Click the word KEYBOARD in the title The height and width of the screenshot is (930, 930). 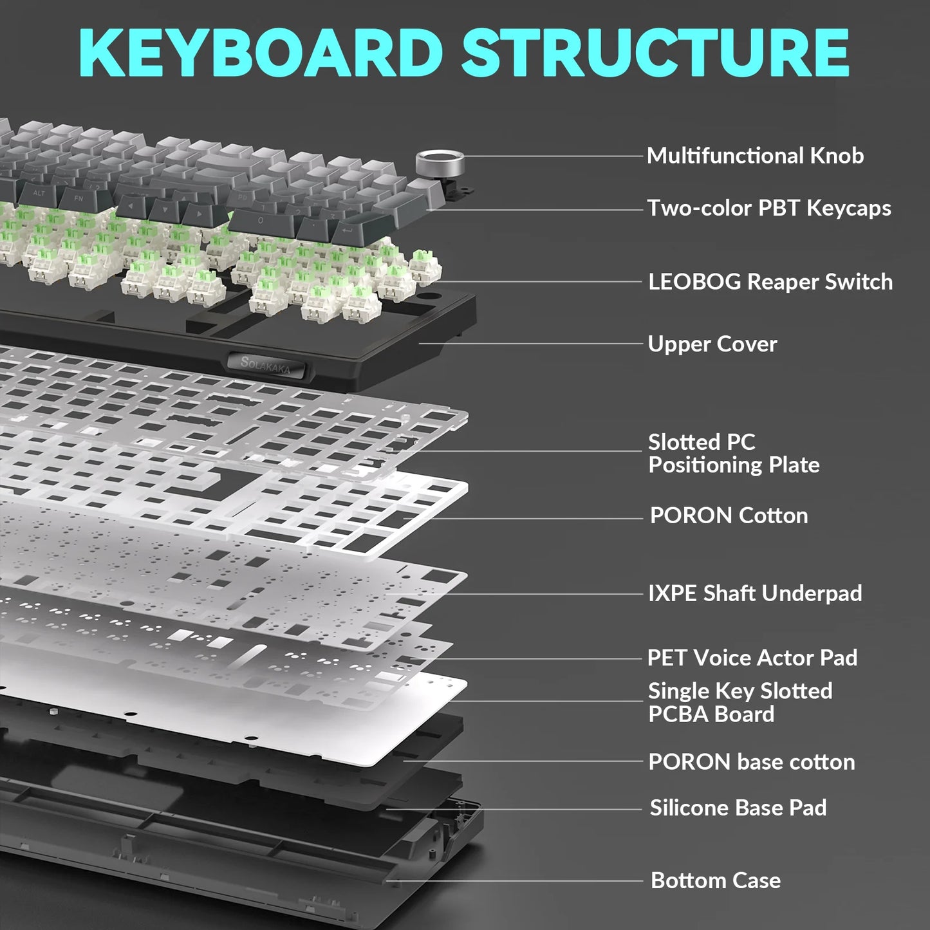click(261, 53)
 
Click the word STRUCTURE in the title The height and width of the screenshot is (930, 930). click(655, 53)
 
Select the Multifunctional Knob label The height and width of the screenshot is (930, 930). click(755, 156)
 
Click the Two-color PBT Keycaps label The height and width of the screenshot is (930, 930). click(769, 208)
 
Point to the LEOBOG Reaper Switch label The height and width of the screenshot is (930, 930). click(770, 282)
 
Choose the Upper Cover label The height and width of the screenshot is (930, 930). click(712, 344)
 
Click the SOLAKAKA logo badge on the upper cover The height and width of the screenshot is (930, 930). click(266, 365)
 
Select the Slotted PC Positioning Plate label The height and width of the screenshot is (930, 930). click(734, 453)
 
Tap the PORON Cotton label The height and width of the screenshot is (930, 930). click(729, 516)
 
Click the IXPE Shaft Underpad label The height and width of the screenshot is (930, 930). click(755, 593)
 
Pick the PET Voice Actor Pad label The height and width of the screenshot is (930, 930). click(752, 658)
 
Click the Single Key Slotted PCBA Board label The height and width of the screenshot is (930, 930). click(739, 702)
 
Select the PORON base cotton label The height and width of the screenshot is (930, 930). click(752, 762)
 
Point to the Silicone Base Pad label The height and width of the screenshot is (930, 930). click(738, 808)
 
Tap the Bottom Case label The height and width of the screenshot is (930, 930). click(716, 880)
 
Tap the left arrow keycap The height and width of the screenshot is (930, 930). click(132, 207)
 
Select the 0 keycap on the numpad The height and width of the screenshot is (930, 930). click(260, 221)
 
